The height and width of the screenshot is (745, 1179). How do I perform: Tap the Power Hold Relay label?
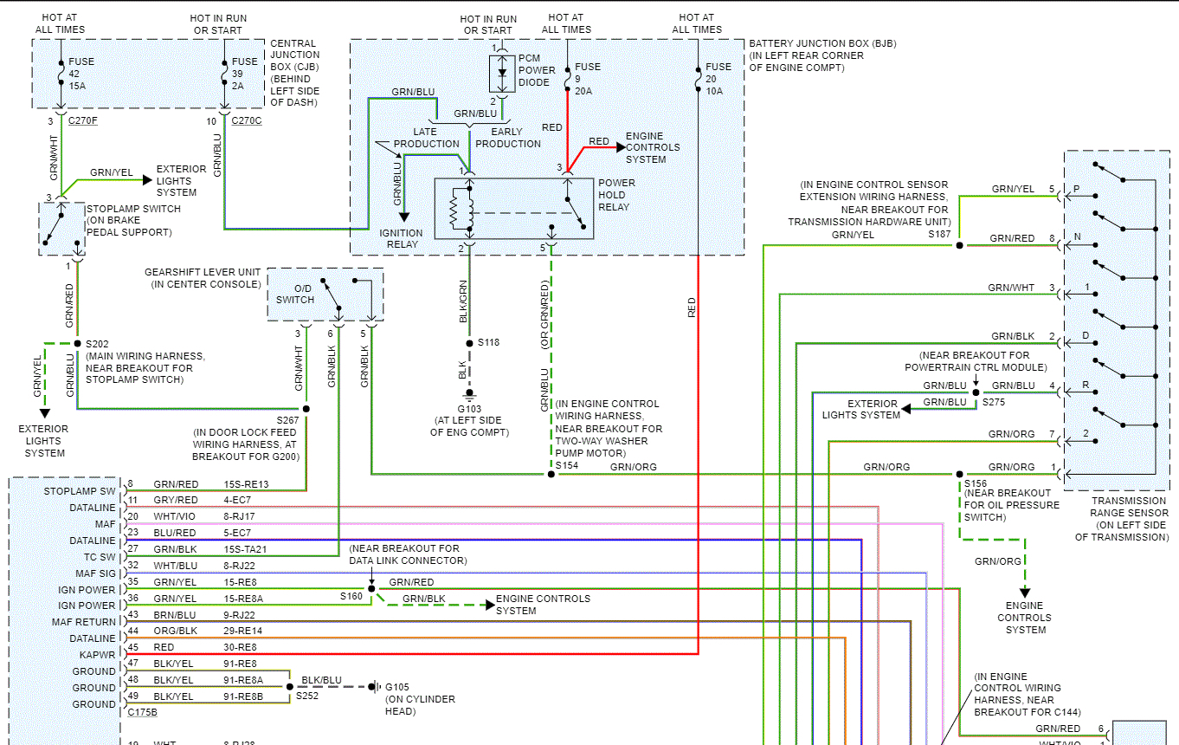(616, 195)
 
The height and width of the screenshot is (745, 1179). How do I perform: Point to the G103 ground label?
(469, 409)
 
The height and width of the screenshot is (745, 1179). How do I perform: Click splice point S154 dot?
(551, 475)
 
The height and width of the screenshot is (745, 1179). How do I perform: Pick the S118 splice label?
(488, 342)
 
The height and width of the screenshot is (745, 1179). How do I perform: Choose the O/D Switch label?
(295, 295)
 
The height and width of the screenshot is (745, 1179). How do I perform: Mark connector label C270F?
(84, 121)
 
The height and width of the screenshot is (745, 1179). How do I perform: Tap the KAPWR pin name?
(99, 655)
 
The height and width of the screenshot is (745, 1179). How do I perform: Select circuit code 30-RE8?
(241, 647)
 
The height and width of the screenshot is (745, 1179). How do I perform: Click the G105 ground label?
(400, 688)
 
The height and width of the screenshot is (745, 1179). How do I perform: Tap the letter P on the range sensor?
(1076, 189)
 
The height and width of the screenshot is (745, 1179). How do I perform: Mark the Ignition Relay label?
(401, 238)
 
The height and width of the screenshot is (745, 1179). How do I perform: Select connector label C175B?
(142, 712)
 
